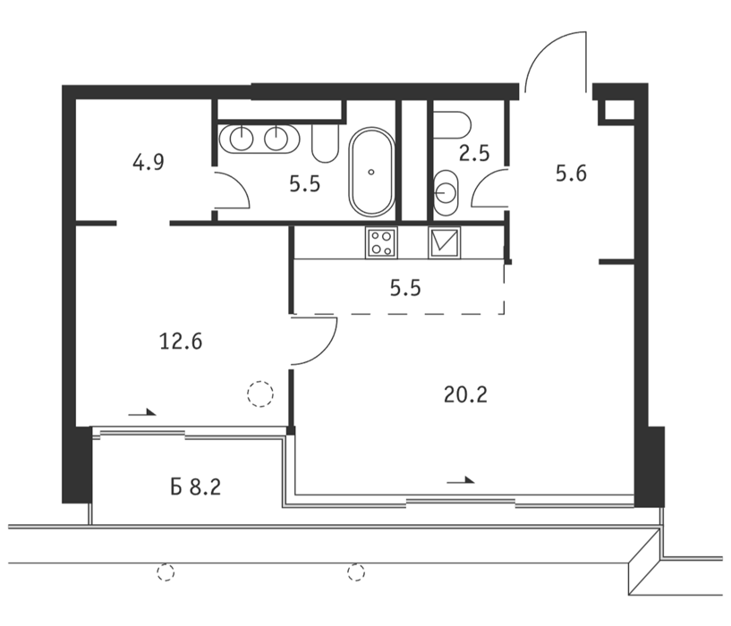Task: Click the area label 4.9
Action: [x=149, y=163]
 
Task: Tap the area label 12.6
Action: [x=181, y=342]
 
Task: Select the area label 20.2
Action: [x=465, y=395]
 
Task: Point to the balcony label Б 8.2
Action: [x=195, y=487]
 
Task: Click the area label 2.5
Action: [x=474, y=154]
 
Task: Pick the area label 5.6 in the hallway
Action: [x=571, y=173]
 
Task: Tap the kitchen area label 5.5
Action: [x=405, y=289]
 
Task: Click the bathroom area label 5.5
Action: [x=305, y=184]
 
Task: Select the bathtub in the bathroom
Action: [x=371, y=172]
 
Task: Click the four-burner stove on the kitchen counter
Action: [x=382, y=242]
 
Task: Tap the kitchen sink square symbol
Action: [x=445, y=242]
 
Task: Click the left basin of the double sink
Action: [x=242, y=139]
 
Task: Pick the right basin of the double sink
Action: [x=277, y=139]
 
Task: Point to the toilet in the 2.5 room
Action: [x=452, y=125]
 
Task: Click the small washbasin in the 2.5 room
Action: [x=446, y=192]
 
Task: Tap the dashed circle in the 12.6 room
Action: [x=260, y=393]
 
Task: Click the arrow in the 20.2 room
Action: [x=461, y=480]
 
